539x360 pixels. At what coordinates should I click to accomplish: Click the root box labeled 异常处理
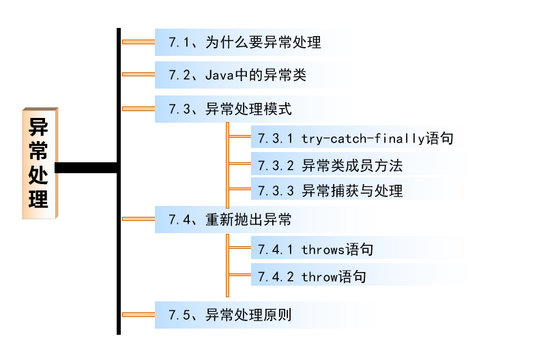[x=39, y=163]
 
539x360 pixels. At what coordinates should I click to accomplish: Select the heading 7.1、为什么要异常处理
[x=244, y=42]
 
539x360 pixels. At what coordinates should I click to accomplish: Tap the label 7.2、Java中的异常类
[x=237, y=75]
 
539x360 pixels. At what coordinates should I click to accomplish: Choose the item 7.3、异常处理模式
[x=230, y=108]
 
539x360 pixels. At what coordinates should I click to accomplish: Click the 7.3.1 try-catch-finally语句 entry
[x=355, y=138]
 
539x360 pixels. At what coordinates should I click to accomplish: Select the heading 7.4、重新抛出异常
[x=230, y=220]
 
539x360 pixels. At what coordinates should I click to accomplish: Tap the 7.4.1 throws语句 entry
[x=315, y=250]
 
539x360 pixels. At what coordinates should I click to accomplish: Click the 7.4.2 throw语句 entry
[x=311, y=276]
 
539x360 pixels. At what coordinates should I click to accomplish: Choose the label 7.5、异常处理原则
[x=230, y=315]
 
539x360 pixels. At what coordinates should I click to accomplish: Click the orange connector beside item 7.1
[x=138, y=42]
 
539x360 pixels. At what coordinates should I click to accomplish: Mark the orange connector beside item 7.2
[x=138, y=74]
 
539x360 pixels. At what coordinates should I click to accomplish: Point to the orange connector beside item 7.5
[x=138, y=314]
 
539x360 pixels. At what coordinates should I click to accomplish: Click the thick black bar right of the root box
[x=85, y=168]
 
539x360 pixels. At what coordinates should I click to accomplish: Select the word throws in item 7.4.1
[x=323, y=250]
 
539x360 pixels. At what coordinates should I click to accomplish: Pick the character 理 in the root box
[x=39, y=199]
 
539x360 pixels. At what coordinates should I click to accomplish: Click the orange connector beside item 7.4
[x=138, y=218]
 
